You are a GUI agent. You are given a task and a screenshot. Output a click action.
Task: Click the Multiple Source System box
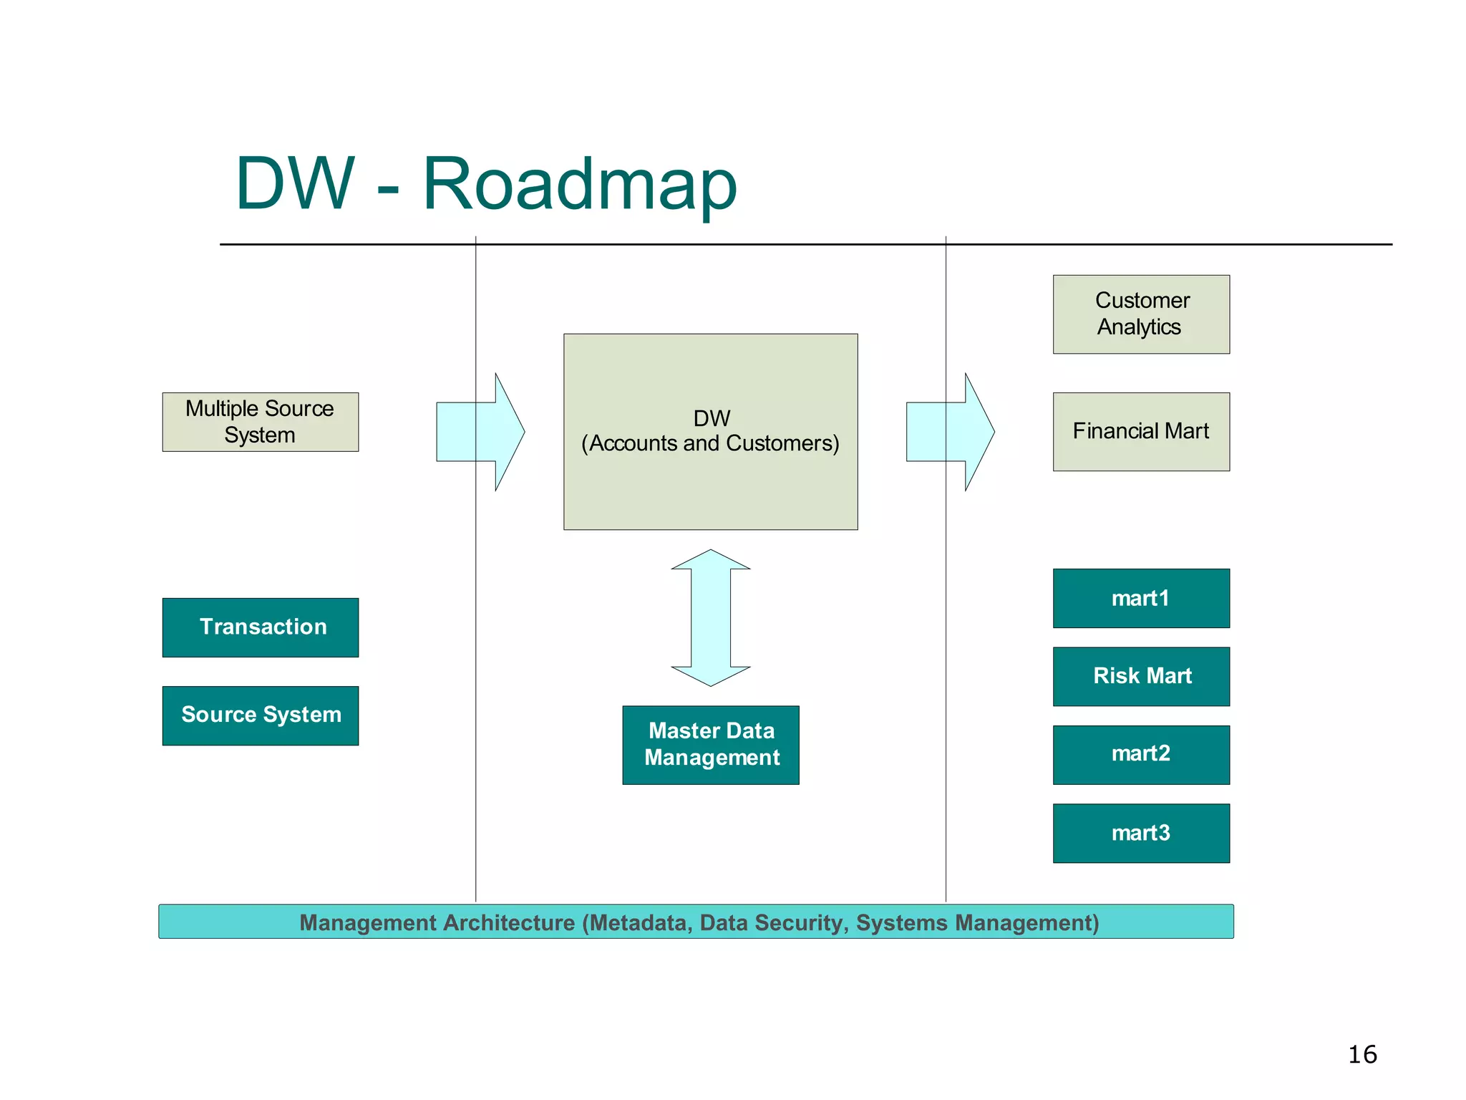tap(260, 422)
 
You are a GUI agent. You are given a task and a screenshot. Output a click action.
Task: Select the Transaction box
tap(260, 627)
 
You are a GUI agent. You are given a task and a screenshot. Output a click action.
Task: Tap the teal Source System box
tap(260, 715)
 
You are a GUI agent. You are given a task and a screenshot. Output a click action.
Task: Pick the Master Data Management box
tap(710, 745)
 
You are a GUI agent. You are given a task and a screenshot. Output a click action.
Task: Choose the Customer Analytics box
tap(1141, 314)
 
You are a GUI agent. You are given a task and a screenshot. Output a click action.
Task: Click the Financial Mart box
tap(1141, 431)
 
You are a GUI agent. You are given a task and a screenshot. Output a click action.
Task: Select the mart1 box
tap(1141, 598)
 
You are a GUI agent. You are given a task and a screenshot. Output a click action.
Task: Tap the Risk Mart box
tap(1141, 676)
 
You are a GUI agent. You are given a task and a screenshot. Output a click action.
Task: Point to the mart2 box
tap(1141, 754)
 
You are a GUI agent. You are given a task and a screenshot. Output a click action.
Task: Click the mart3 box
tap(1141, 833)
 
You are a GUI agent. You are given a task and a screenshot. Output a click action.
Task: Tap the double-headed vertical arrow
tap(710, 617)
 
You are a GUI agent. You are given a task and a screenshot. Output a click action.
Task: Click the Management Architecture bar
tap(696, 922)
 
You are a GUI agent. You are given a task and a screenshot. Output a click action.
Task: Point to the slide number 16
tap(1361, 1054)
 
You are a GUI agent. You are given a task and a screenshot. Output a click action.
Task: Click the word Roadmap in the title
tap(580, 184)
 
